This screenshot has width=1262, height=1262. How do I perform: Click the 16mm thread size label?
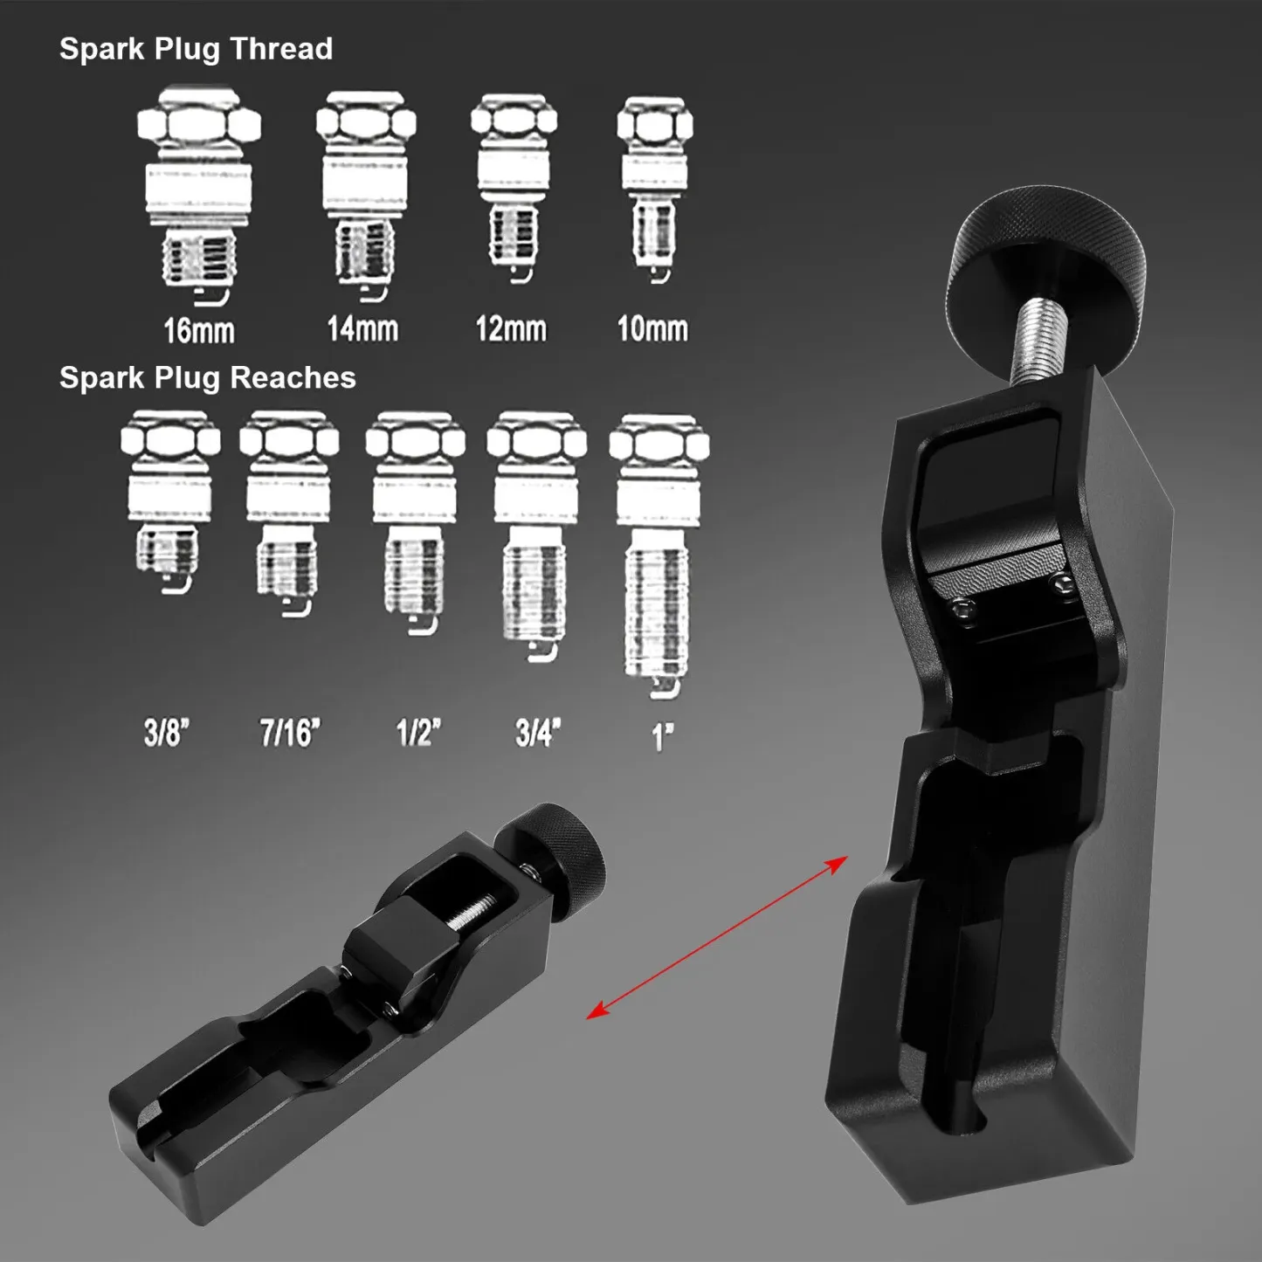coord(199,331)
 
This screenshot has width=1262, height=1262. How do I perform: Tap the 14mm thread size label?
coord(362,329)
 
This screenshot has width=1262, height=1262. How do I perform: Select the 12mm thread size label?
coord(511,329)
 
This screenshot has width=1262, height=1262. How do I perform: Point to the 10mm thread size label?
coord(652,329)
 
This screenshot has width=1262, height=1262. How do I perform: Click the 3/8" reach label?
coord(167,732)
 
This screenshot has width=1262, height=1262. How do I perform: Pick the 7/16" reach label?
coord(290,732)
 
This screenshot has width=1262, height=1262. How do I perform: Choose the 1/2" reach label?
coord(418,732)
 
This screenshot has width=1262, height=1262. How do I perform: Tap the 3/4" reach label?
coord(538,732)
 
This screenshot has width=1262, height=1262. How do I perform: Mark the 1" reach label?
coord(663,736)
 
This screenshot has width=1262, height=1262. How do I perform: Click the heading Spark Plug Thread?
coord(196,49)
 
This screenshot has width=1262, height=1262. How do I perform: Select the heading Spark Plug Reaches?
coord(207,377)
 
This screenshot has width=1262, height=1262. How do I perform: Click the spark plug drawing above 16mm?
coord(199,197)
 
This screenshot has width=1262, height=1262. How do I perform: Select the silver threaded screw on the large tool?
coord(1040,340)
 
